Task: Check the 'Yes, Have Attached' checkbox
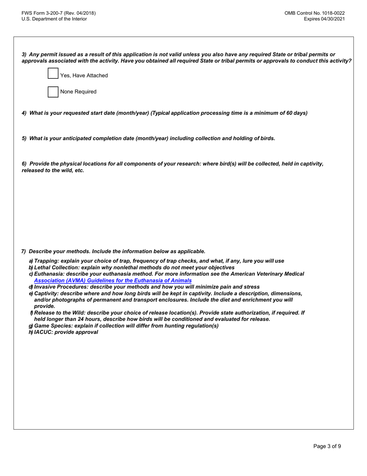(53, 74)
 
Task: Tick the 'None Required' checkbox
(53, 92)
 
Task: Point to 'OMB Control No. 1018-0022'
(314, 13)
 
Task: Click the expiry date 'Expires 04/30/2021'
(324, 19)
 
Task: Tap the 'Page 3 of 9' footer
(327, 446)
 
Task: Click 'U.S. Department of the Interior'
(54, 19)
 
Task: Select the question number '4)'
(24, 113)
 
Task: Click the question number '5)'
(24, 138)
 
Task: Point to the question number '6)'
(24, 164)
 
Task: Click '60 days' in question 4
(296, 113)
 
